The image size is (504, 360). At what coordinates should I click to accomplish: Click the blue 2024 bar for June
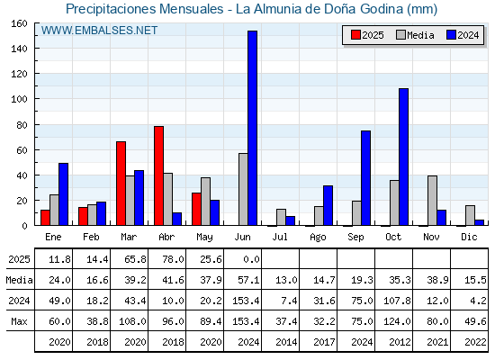pos(252,128)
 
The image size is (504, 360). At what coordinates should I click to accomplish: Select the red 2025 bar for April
pos(158,175)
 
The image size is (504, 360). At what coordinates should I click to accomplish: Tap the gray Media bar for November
pos(432,201)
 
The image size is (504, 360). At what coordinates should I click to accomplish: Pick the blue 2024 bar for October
pos(404,157)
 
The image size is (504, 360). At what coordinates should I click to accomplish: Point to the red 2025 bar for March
pos(121,184)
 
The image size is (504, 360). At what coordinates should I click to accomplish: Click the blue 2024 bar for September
pos(365,178)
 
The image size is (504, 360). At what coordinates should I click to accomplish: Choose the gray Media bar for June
pos(243,189)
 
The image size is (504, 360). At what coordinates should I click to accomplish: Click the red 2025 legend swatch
pos(355,35)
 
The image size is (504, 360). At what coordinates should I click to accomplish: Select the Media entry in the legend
pos(415,35)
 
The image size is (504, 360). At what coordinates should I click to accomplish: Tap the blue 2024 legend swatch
pos(451,35)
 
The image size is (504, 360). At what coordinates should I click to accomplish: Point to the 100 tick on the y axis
pos(36,99)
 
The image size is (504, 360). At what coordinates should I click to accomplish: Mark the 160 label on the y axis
pos(19,23)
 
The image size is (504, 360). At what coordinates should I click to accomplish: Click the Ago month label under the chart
pos(318,238)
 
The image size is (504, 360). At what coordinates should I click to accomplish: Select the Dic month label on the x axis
pos(469,237)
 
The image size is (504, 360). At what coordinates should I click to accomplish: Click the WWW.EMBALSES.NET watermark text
pos(99,31)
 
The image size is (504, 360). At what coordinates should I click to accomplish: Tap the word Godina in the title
pos(382,9)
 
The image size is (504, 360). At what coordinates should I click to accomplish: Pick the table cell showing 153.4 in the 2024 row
pos(246,301)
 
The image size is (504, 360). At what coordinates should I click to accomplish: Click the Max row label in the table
pos(19,321)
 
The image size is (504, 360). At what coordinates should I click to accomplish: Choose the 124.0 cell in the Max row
pos(397,321)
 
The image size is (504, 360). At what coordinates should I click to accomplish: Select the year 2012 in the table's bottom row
pos(400,342)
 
